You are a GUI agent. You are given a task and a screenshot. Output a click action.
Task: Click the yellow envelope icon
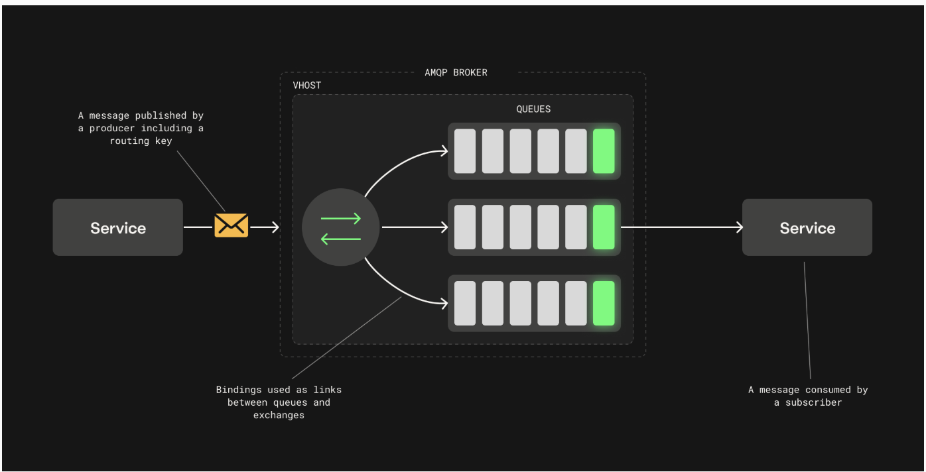231,225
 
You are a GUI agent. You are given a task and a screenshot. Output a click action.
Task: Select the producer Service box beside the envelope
117,227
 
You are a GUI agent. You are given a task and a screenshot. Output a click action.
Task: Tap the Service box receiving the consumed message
807,227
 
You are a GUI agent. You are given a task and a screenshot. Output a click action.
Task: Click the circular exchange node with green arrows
341,227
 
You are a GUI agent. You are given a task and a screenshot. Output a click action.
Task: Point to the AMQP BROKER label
456,72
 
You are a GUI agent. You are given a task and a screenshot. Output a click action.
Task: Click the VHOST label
307,86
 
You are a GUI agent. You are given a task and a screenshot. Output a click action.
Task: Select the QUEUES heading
533,109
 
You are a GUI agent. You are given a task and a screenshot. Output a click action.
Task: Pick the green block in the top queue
604,151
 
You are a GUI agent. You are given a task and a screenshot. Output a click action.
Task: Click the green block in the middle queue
604,227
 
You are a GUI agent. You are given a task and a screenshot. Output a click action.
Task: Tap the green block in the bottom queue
604,303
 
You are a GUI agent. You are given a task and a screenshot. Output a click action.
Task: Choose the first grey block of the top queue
465,151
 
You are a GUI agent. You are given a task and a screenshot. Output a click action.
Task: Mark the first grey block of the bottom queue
465,303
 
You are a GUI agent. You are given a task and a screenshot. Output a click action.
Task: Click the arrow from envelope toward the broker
265,227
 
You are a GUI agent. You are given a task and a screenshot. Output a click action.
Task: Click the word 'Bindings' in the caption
239,390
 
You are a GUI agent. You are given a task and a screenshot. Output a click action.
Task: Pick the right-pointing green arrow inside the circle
341,218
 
